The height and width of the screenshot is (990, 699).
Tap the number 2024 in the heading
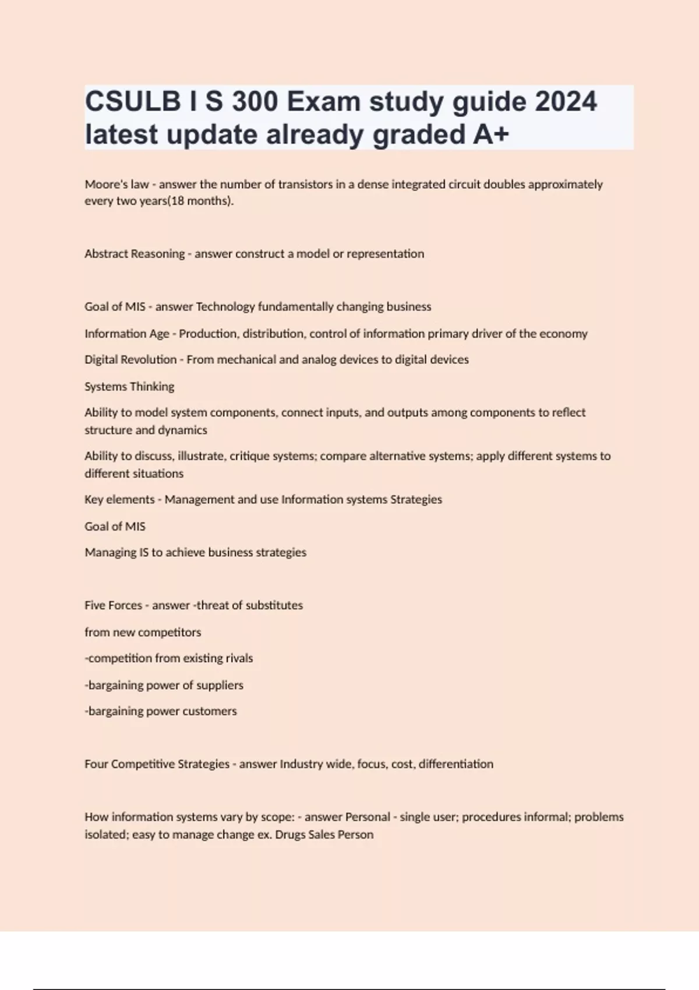[x=566, y=101]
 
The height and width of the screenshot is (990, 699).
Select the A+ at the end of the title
[x=491, y=135]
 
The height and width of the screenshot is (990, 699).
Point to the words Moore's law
[x=116, y=184]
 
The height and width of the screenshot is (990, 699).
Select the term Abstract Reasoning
[x=135, y=254]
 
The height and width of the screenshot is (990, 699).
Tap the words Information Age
[x=127, y=334]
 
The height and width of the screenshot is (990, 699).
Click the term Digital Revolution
[x=130, y=360]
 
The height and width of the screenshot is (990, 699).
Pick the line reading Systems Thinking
[x=129, y=387]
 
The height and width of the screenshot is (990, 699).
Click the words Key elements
[x=119, y=500]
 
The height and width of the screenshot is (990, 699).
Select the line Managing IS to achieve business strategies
[x=195, y=552]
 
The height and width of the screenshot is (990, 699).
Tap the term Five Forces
[x=113, y=605]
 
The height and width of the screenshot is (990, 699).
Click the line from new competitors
[x=143, y=632]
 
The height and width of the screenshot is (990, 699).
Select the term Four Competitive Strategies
[x=157, y=764]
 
